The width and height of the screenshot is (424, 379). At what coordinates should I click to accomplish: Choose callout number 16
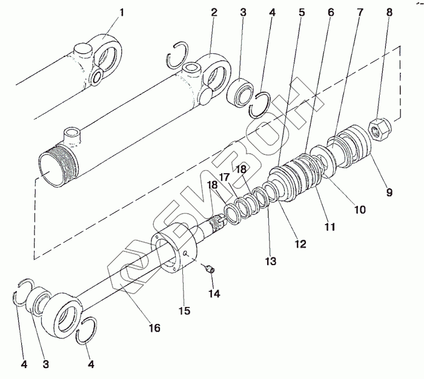[x=154, y=328]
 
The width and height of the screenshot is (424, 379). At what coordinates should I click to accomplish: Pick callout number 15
[x=184, y=311]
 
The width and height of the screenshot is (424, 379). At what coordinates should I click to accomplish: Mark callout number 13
[x=270, y=262]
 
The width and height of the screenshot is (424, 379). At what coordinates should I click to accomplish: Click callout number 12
[x=300, y=244]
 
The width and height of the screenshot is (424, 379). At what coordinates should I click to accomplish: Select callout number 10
[x=360, y=210]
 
